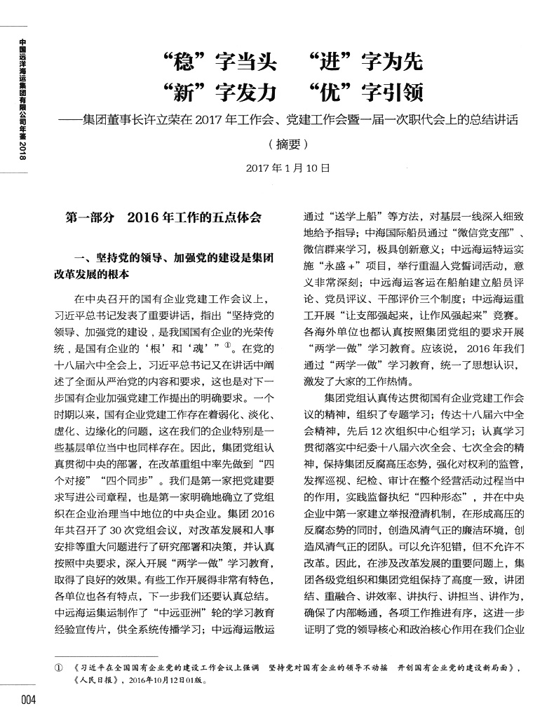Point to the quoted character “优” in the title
327,93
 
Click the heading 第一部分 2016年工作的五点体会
163,218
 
